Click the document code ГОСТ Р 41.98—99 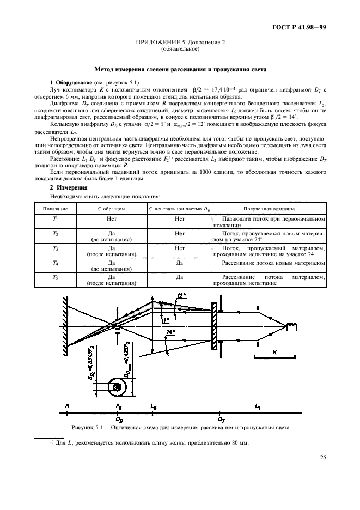[x=303, y=27]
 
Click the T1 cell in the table [x=54, y=218]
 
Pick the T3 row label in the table [x=54, y=248]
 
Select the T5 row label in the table [x=54, y=277]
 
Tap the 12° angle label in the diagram [x=182, y=295]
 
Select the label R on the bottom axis [x=66, y=406]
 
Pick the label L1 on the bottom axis [x=258, y=406]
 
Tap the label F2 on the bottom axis [x=119, y=406]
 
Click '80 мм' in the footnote [x=239, y=442]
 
